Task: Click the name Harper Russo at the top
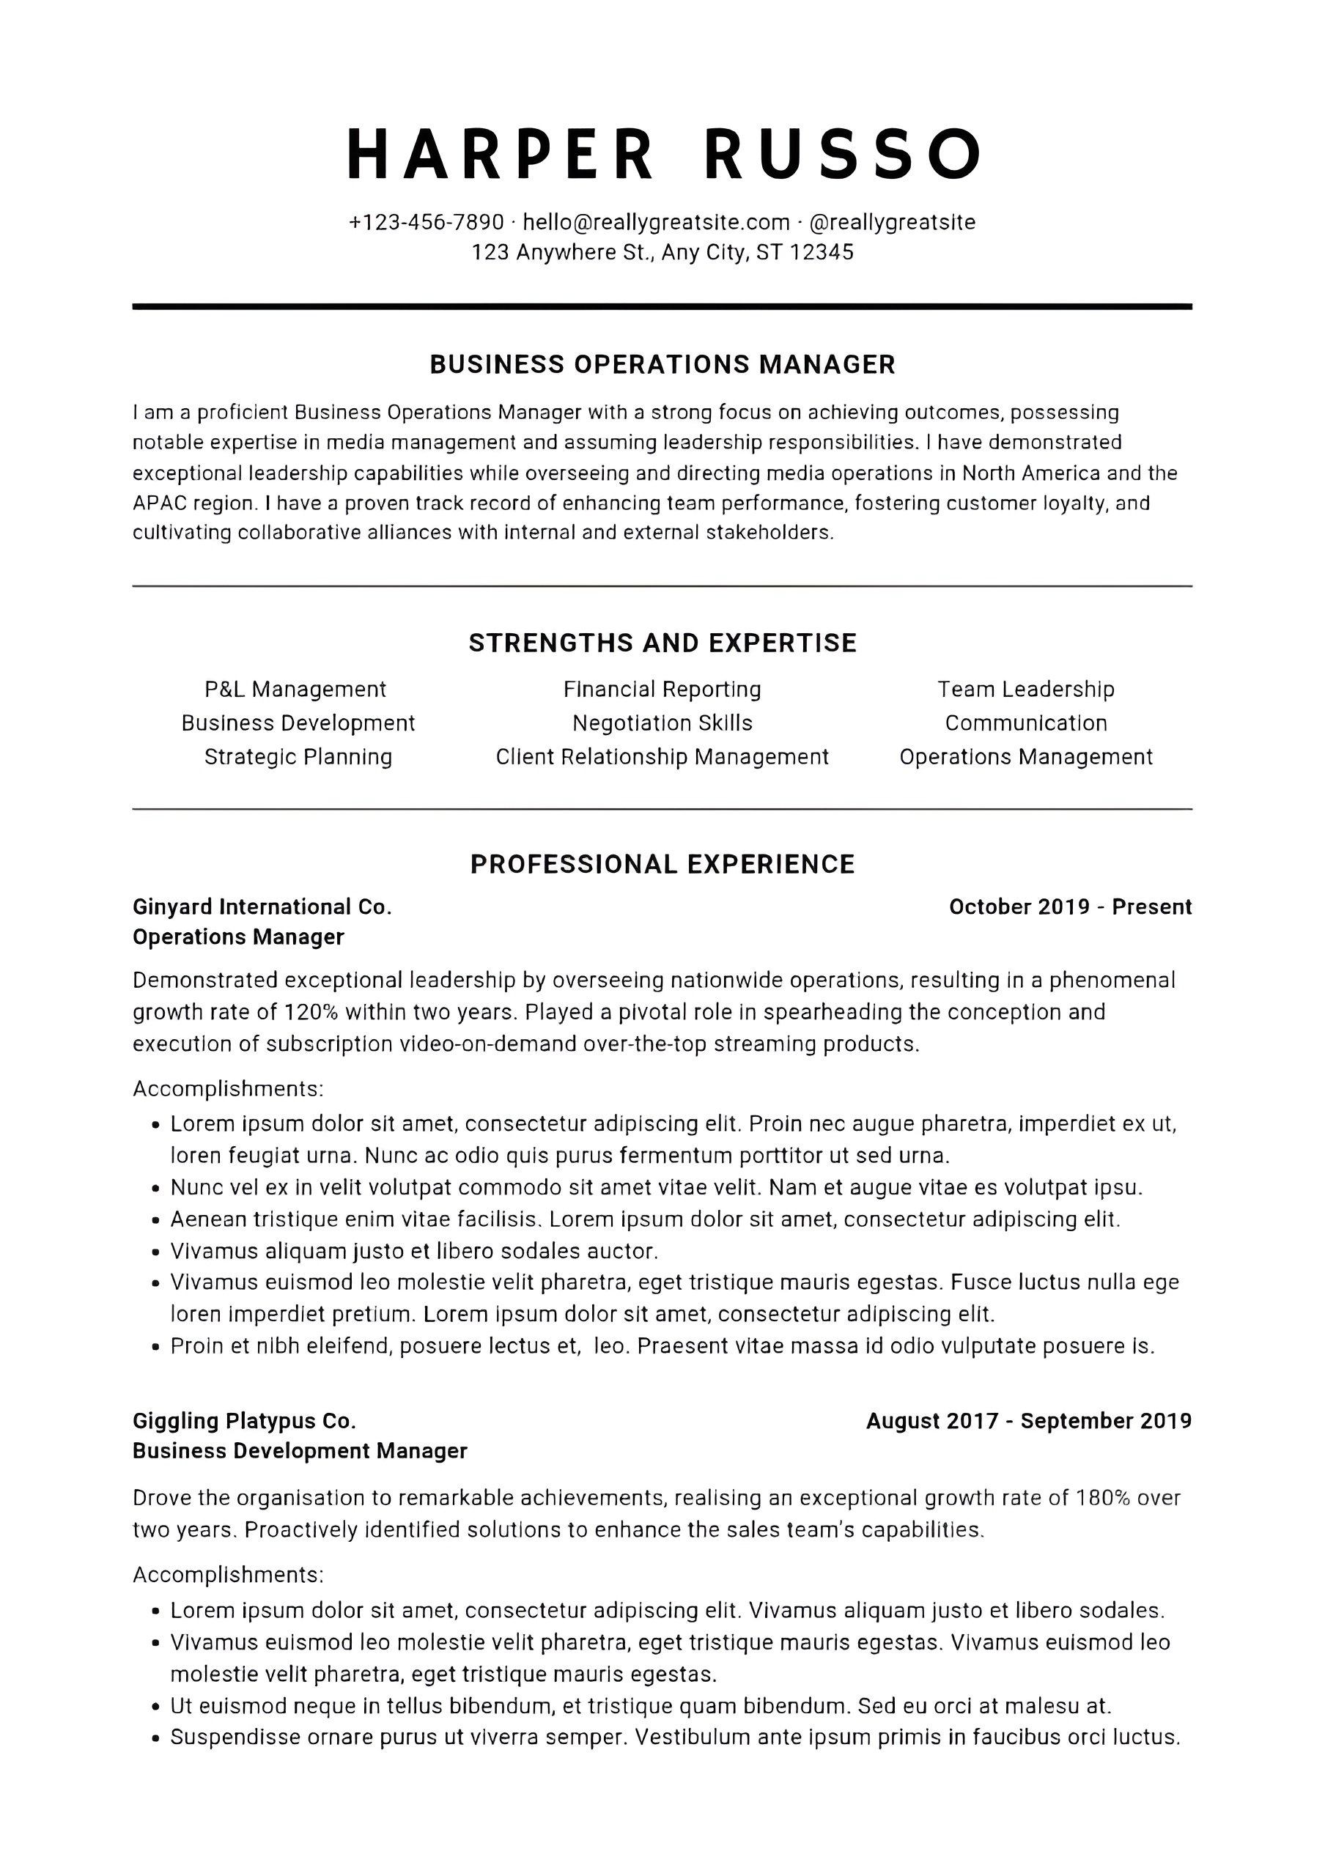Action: click(662, 154)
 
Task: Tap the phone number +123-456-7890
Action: click(427, 222)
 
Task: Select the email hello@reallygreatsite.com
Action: click(656, 222)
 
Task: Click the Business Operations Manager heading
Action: click(662, 364)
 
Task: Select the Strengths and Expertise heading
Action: click(662, 643)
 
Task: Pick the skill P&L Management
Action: click(295, 690)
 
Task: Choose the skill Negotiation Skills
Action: click(662, 723)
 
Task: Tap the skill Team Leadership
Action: click(1025, 690)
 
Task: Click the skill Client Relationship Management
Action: click(662, 758)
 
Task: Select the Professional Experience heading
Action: click(662, 865)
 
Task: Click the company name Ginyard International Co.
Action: click(262, 907)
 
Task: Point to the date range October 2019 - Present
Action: click(1070, 907)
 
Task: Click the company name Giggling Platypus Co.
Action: click(244, 1421)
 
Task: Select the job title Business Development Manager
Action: click(300, 1451)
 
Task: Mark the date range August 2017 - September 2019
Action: click(1028, 1421)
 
